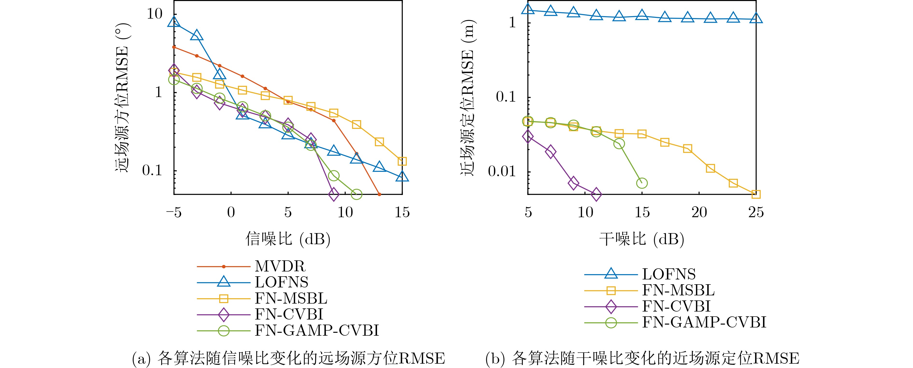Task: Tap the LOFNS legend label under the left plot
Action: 281,282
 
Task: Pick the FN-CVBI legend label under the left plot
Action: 289,314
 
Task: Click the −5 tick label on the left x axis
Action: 173,213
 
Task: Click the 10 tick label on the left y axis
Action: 155,14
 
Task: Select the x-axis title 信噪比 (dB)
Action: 288,239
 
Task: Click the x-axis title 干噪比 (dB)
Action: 642,239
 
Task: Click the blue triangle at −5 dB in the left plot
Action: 174,22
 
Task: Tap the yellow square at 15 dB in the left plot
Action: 402,161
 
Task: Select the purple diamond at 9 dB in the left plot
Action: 334,194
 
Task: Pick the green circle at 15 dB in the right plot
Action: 642,183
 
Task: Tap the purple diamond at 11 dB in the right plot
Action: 596,194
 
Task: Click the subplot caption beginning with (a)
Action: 288,358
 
